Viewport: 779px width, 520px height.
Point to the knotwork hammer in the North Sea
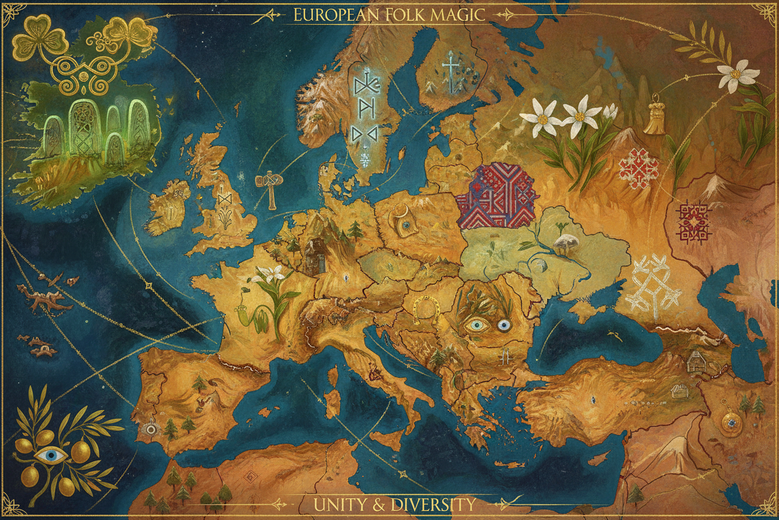[x=269, y=187]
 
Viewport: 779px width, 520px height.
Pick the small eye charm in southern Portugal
[x=150, y=429]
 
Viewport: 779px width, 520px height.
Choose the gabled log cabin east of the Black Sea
[x=695, y=361]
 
